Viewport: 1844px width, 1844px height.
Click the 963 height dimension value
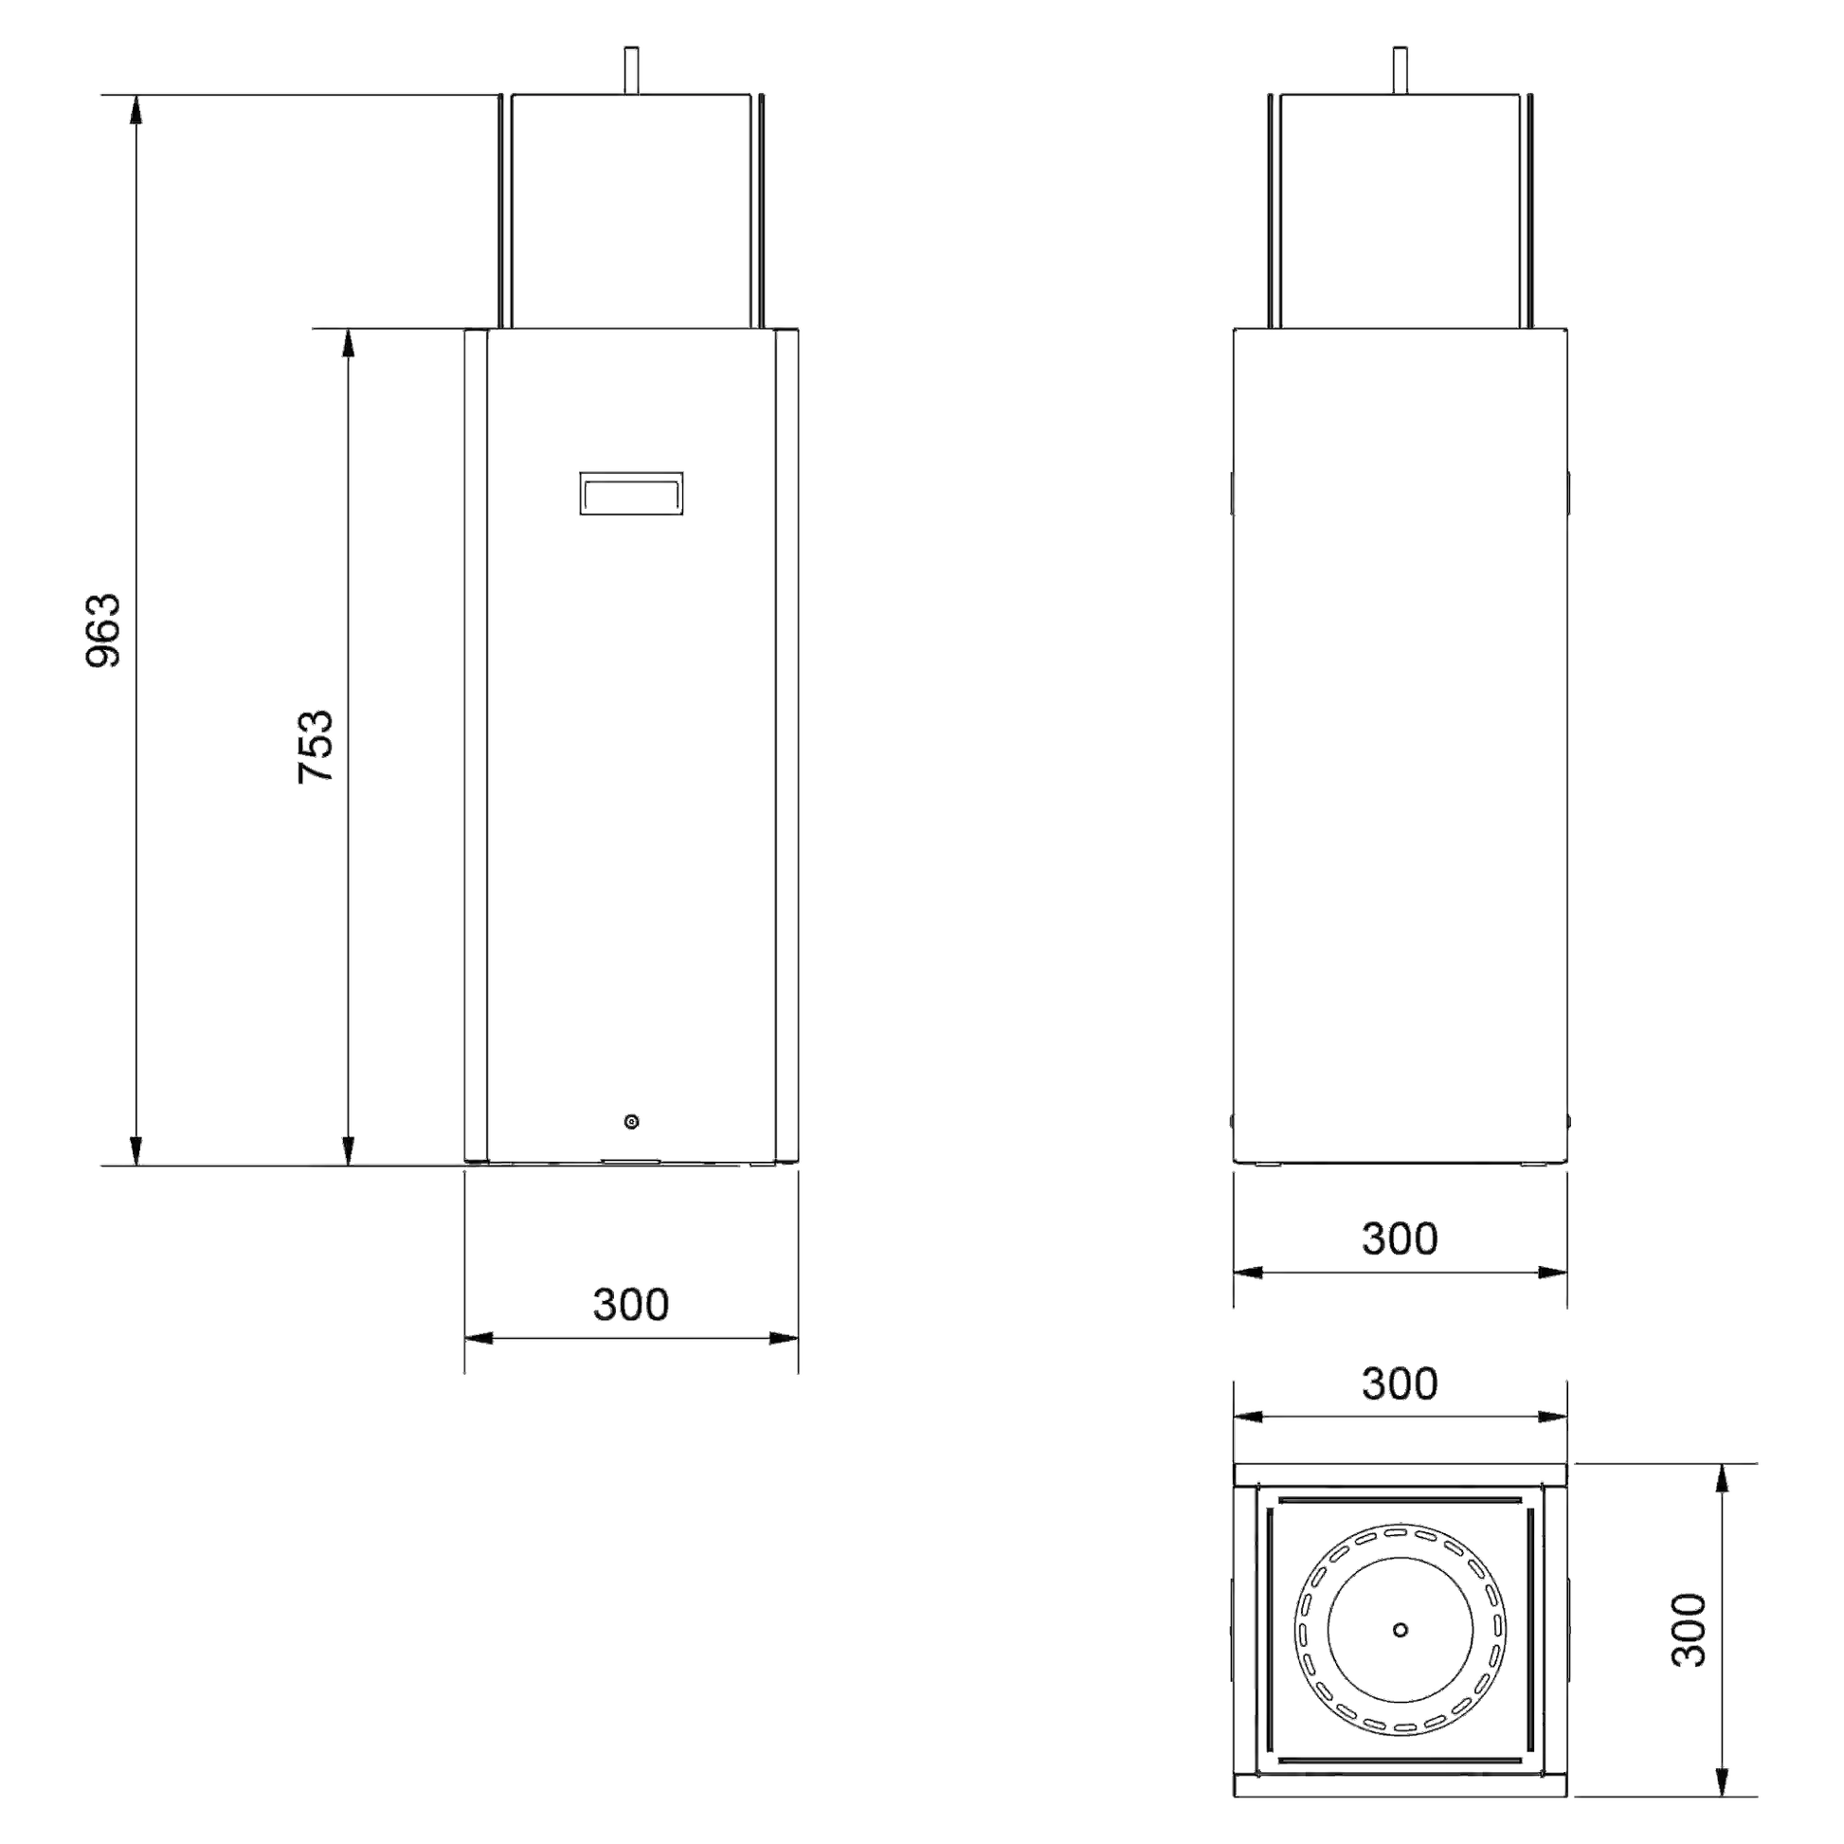point(104,630)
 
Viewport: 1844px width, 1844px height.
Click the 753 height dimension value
point(316,747)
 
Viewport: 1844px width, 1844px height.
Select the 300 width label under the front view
point(631,1304)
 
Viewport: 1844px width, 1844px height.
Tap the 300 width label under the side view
point(1400,1238)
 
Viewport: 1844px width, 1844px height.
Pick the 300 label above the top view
point(1400,1383)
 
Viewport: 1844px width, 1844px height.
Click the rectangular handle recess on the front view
point(631,494)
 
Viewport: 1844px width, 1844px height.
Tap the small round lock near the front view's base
point(631,1122)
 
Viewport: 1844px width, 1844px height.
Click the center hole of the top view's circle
point(1401,1629)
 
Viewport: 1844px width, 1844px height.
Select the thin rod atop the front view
point(631,70)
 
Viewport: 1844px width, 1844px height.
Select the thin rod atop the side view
point(1401,70)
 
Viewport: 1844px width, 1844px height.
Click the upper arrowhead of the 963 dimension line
point(136,110)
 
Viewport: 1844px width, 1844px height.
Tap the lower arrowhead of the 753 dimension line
point(349,1151)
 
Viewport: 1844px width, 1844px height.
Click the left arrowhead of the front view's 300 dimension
point(479,1338)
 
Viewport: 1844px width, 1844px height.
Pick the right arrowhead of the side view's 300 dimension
point(1552,1273)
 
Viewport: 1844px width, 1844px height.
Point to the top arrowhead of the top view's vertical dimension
point(1723,1478)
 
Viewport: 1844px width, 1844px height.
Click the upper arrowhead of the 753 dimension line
point(349,344)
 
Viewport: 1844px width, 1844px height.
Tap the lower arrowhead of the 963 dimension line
point(136,1151)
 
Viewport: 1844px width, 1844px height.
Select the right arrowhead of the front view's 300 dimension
point(784,1338)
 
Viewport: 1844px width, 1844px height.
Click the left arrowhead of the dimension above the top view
point(1248,1418)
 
